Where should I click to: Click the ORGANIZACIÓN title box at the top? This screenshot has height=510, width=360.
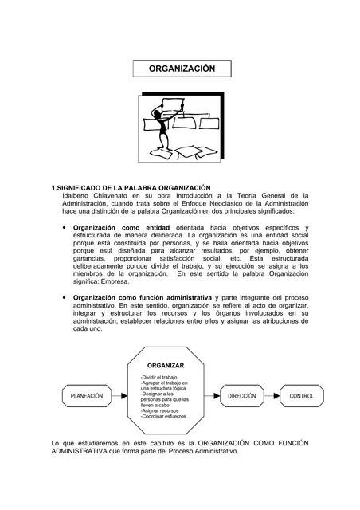[182, 69]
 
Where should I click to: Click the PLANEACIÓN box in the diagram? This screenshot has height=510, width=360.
[87, 396]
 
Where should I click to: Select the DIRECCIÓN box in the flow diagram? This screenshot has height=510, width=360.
[241, 396]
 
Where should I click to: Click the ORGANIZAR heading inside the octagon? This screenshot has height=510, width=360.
[166, 365]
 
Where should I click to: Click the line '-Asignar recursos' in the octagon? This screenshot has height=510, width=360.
[163, 410]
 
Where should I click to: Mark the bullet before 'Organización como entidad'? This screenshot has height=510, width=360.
[63, 228]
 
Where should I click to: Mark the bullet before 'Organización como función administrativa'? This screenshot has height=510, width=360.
[63, 296]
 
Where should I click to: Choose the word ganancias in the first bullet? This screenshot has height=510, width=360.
[91, 259]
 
